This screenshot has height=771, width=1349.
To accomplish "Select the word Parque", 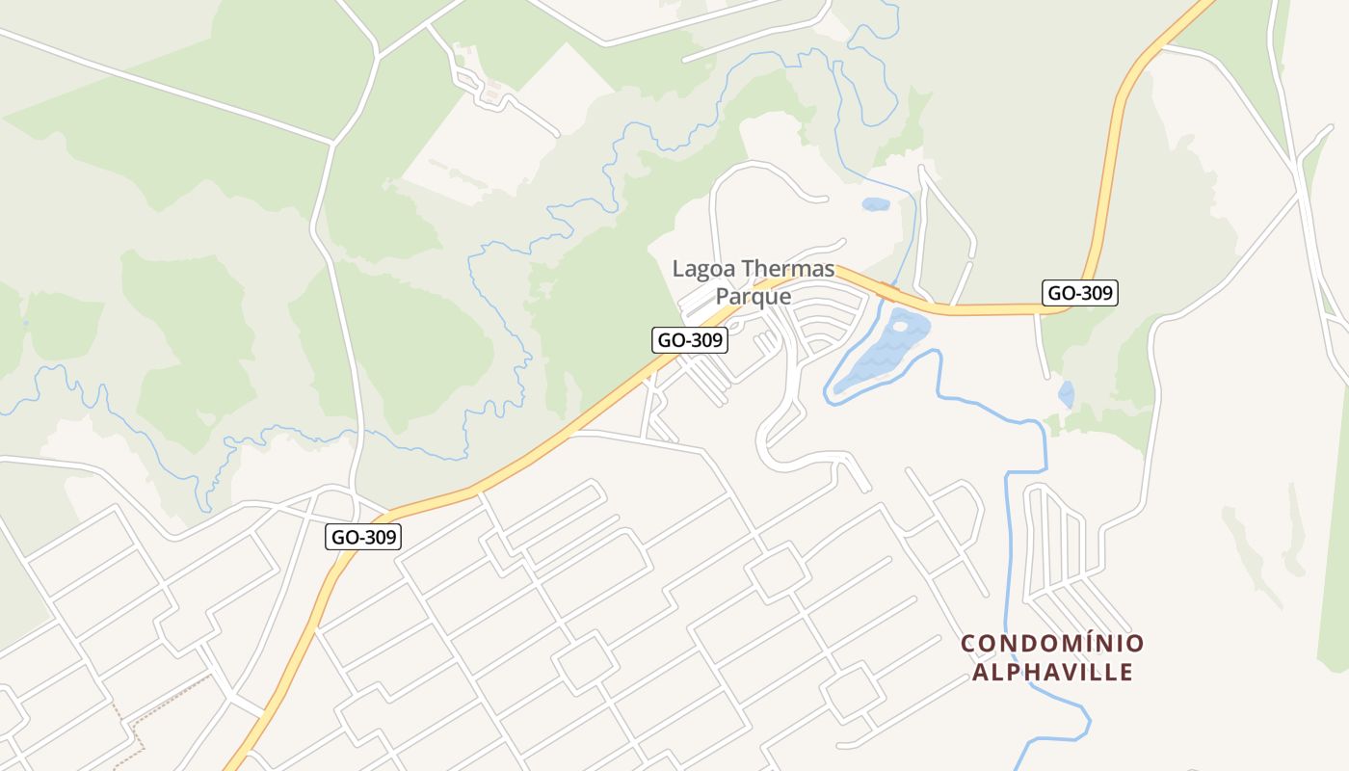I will pos(753,296).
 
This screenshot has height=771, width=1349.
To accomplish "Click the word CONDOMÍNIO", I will pos(1052,643).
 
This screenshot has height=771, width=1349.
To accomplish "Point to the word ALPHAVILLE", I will pos(1052,672).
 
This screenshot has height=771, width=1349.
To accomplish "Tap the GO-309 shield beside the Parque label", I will pos(689,340).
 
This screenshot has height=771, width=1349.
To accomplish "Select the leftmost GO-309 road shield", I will pos(362,537).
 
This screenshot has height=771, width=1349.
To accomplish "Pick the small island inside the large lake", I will pos(900,327).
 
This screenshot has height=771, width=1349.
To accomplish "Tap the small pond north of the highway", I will pos(875,204).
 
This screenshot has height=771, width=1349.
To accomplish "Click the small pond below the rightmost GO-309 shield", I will pos(1066,394).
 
